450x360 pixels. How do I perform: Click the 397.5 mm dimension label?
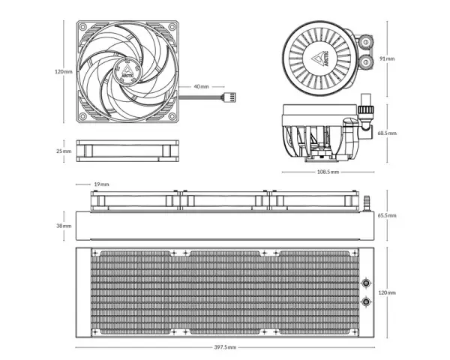[225, 347]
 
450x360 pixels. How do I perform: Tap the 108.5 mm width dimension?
[328, 172]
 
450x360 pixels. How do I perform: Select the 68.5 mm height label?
[387, 133]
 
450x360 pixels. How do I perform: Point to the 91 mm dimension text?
[387, 58]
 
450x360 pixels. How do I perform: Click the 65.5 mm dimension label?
[387, 215]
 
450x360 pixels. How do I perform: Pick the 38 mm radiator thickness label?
[64, 226]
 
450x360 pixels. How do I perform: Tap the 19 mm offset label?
[101, 184]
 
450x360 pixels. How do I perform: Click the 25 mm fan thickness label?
[64, 151]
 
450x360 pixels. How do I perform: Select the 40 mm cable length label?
[202, 86]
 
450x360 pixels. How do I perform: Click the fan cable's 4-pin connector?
[229, 97]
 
